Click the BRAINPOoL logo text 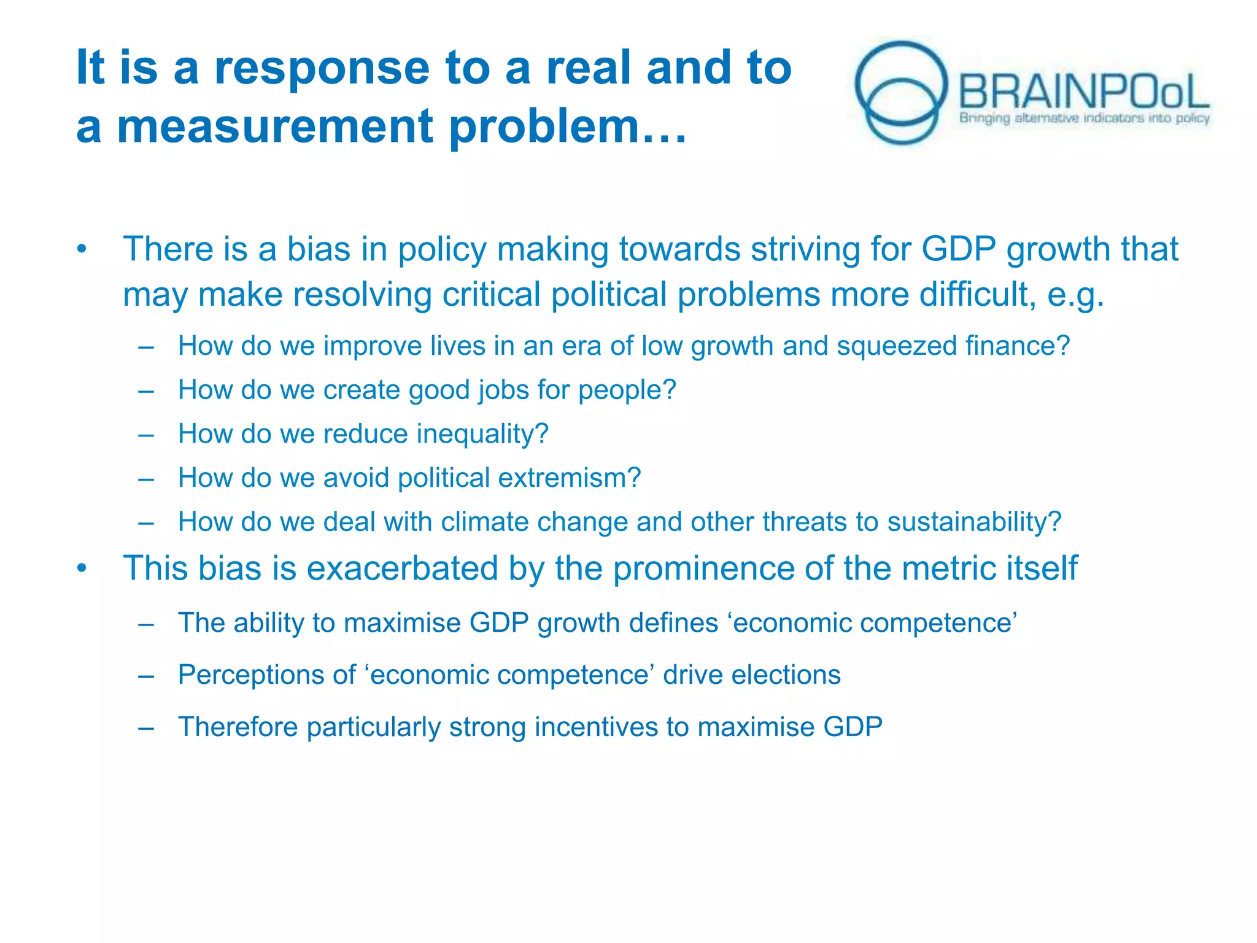[1083, 92]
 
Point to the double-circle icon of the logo [901, 92]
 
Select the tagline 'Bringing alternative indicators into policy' [1084, 118]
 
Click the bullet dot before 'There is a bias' [82, 250]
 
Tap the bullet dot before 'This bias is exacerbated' [82, 569]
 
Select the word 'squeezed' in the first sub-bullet [896, 346]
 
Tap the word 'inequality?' [482, 434]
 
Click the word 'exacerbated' [402, 569]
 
